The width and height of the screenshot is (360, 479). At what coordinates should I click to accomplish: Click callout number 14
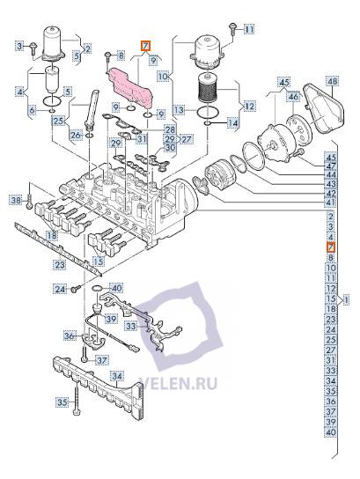pyautogui.click(x=232, y=124)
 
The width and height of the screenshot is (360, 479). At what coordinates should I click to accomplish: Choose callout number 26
pyautogui.click(x=76, y=135)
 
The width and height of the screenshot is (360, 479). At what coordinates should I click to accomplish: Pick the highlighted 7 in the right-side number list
pyautogui.click(x=329, y=248)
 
